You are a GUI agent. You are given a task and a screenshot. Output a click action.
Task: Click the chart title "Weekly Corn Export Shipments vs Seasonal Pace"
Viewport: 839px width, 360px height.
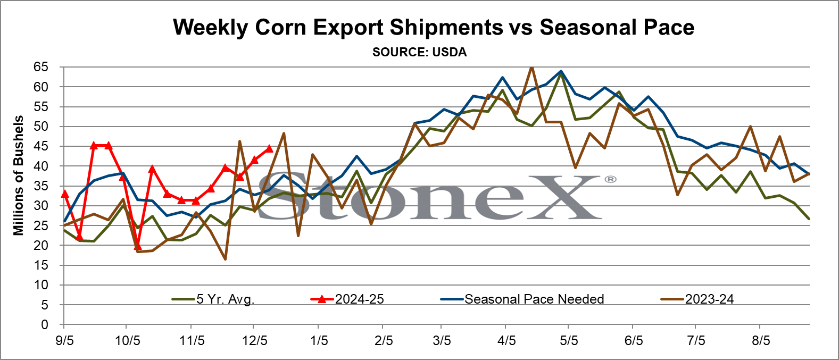pyautogui.click(x=434, y=27)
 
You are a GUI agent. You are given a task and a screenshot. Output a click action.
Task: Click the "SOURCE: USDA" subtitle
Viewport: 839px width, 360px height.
pyautogui.click(x=419, y=52)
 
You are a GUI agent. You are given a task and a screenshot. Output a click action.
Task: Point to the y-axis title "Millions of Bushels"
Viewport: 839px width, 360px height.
pyautogui.click(x=18, y=175)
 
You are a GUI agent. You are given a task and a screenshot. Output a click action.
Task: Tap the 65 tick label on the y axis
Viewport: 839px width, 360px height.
pyautogui.click(x=41, y=68)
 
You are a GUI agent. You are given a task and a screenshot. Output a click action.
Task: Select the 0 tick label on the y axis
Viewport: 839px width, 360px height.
pyautogui.click(x=45, y=324)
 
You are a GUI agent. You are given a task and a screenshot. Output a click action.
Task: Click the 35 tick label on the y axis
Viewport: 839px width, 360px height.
pyautogui.click(x=41, y=186)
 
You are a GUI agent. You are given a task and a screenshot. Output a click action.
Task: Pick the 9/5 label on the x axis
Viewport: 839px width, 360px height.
pyautogui.click(x=64, y=341)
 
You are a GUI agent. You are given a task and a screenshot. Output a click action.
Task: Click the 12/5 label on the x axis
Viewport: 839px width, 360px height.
pyautogui.click(x=255, y=341)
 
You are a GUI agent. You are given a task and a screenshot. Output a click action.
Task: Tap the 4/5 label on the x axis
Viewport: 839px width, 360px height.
pyautogui.click(x=506, y=341)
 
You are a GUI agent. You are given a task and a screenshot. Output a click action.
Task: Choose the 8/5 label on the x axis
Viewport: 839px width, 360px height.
pyautogui.click(x=761, y=341)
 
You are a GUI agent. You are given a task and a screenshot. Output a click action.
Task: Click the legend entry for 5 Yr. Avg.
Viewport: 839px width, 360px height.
pyautogui.click(x=213, y=299)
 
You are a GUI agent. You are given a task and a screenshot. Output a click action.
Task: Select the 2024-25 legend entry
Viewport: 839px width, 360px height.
pyautogui.click(x=347, y=299)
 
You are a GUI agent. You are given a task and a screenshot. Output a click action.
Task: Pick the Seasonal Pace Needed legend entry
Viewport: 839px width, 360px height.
pyautogui.click(x=522, y=299)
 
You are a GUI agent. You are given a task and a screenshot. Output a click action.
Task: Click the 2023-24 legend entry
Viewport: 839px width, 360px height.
pyautogui.click(x=697, y=299)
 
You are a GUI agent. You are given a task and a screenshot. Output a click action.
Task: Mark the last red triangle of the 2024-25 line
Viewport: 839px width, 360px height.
pyautogui.click(x=269, y=149)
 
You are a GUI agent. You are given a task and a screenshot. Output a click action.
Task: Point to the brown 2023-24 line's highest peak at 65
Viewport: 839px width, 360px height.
pyautogui.click(x=531, y=68)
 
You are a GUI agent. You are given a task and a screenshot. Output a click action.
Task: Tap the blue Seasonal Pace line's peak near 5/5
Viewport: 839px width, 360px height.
pyautogui.click(x=561, y=71)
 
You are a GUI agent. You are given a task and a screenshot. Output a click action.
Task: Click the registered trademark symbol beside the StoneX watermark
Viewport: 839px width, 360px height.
pyautogui.click(x=610, y=180)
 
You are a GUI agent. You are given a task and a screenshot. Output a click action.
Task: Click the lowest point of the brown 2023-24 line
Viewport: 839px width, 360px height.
pyautogui.click(x=225, y=259)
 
